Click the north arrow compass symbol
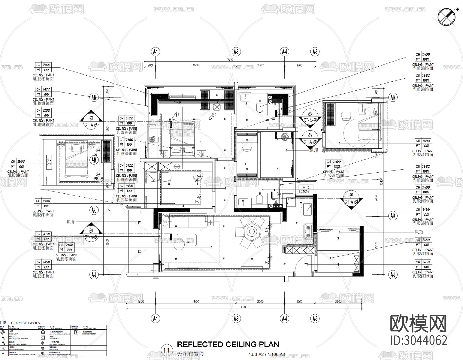[x=446, y=17]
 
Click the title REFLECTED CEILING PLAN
[x=228, y=344]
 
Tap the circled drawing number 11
[x=166, y=350]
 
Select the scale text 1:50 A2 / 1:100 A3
[x=267, y=355]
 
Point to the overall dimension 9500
[x=230, y=60]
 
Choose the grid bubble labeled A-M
[x=94, y=160]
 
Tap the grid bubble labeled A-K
[x=393, y=216]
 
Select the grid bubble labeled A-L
[x=94, y=210]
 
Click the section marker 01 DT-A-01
[x=91, y=119]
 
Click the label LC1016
[x=304, y=192]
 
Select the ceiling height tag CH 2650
[x=43, y=234]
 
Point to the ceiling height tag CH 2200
[x=43, y=110]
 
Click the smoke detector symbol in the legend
[x=76, y=332]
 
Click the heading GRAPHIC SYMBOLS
[x=25, y=323]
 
